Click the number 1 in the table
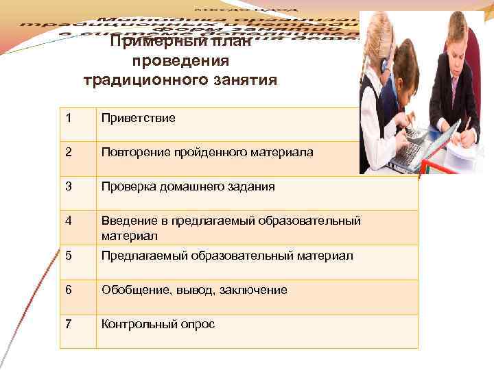pyautogui.click(x=69, y=118)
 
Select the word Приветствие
pyautogui.click(x=139, y=118)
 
